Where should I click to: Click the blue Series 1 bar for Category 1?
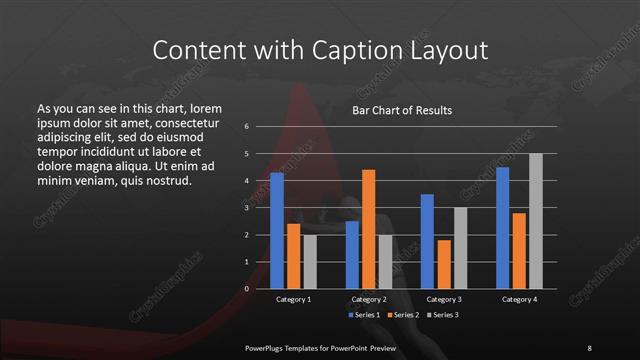pyautogui.click(x=277, y=231)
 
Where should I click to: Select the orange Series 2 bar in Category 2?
pyautogui.click(x=369, y=229)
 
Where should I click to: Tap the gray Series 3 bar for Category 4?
pyautogui.click(x=535, y=221)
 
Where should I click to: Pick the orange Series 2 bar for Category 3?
pyautogui.click(x=444, y=264)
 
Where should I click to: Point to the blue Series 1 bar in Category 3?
pyautogui.click(x=427, y=241)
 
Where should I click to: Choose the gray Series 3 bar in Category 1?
pyautogui.click(x=310, y=262)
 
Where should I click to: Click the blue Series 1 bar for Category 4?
pyautogui.click(x=502, y=228)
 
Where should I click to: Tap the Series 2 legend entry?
pyautogui.click(x=401, y=315)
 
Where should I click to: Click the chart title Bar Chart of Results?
pyautogui.click(x=402, y=110)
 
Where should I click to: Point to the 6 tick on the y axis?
pyautogui.click(x=247, y=127)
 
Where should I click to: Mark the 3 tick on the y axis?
pyautogui.click(x=247, y=208)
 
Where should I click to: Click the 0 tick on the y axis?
pyautogui.click(x=247, y=289)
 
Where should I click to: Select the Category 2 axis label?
pyautogui.click(x=368, y=299)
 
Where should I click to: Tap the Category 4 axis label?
pyautogui.click(x=518, y=299)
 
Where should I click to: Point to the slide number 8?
pyautogui.click(x=589, y=347)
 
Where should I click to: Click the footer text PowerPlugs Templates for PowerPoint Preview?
pyautogui.click(x=321, y=347)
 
